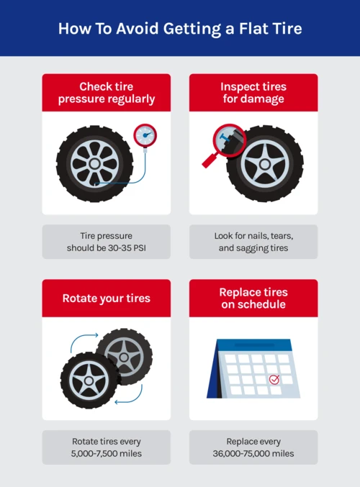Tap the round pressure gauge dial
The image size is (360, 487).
[x=145, y=135]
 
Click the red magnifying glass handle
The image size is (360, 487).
[x=210, y=160]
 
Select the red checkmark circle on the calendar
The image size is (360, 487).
[x=274, y=380]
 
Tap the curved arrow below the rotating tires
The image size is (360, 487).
[x=130, y=398]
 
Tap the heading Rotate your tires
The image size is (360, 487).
[x=107, y=298]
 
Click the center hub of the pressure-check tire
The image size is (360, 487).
[x=94, y=164]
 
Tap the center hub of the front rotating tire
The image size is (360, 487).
[x=89, y=381]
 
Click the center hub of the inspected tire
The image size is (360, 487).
[x=265, y=164]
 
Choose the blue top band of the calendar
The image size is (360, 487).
[x=253, y=345]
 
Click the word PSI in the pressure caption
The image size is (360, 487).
[x=140, y=248]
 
